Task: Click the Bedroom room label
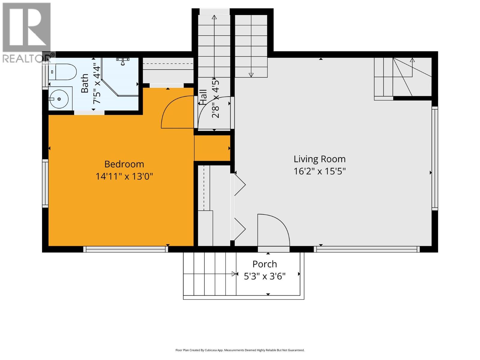coord(124,164)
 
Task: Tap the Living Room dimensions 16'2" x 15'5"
coord(319,171)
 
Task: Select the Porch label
coord(265,264)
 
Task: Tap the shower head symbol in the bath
coord(122,61)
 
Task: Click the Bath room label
coord(85,83)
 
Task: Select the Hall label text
coord(203,97)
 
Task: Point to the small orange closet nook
coord(212,148)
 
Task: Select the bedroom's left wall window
coord(45,183)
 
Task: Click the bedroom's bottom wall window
coord(125,249)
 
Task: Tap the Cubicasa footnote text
coord(240,350)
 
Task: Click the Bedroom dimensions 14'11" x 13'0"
coord(124,176)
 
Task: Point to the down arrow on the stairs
coord(251,74)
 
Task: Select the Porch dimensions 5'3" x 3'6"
coord(265,276)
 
